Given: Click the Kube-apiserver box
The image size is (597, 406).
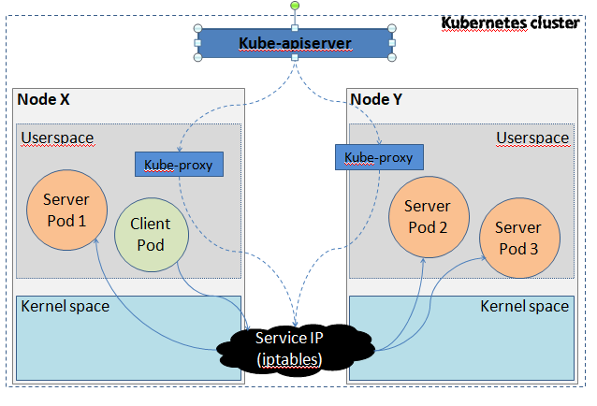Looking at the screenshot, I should click(x=294, y=43).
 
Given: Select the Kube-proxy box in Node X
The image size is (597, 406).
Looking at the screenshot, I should click(x=179, y=166).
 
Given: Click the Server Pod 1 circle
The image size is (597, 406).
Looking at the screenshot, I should click(x=66, y=210).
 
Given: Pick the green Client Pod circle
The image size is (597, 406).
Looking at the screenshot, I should click(x=151, y=234).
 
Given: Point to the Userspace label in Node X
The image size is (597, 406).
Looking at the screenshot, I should click(x=57, y=138).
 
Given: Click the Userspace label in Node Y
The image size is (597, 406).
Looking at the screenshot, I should click(x=532, y=138).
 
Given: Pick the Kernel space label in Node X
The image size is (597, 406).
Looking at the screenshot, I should click(x=65, y=306).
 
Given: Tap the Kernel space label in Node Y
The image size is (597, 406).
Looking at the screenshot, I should click(x=524, y=306).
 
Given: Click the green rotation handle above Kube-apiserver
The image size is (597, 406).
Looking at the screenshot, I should click(x=294, y=7).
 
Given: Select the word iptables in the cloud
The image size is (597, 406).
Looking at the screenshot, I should click(x=290, y=359).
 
